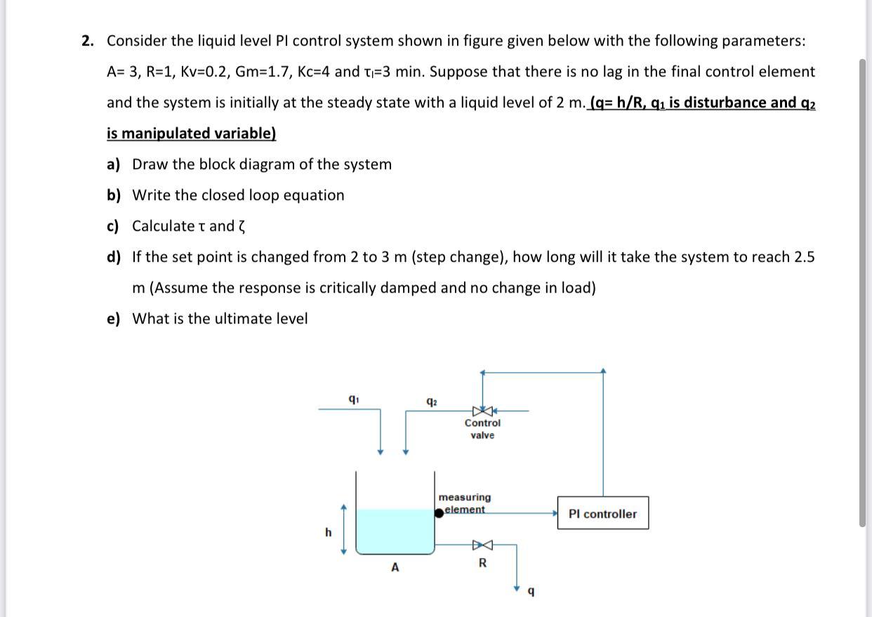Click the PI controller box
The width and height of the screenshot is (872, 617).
click(x=602, y=514)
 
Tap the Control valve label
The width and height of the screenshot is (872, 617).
click(x=482, y=429)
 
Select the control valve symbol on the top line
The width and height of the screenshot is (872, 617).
click(x=482, y=410)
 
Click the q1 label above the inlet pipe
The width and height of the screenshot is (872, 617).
click(x=352, y=398)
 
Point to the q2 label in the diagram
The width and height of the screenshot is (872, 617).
click(x=432, y=402)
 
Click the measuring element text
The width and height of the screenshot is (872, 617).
click(x=465, y=503)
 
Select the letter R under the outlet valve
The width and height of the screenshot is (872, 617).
click(x=482, y=563)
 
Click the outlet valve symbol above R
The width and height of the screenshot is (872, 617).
click(x=482, y=544)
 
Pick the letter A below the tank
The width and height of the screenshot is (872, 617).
click(x=395, y=567)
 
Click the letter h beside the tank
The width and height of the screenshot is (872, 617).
click(x=328, y=533)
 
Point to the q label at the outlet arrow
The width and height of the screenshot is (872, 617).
click(x=531, y=592)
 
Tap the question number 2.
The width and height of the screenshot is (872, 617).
click(x=87, y=41)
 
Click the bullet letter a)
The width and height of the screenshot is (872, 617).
click(x=114, y=164)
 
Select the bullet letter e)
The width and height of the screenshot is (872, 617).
click(x=114, y=319)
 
